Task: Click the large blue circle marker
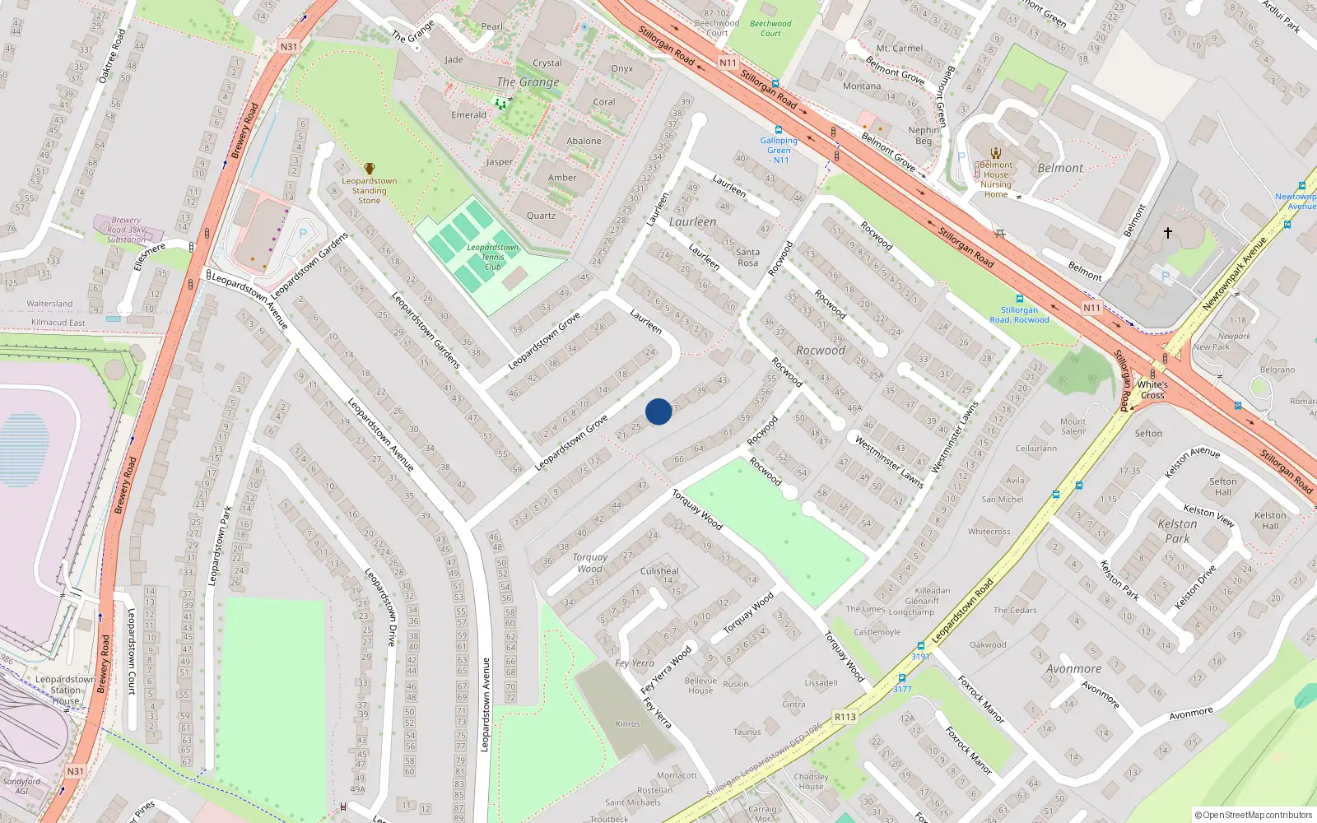click(x=658, y=411)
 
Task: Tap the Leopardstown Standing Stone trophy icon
click(x=370, y=169)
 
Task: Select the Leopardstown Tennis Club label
click(x=492, y=257)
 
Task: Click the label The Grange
click(x=528, y=82)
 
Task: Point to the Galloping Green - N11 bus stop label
click(x=779, y=151)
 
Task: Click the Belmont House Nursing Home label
click(x=996, y=179)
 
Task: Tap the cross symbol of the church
click(x=1167, y=233)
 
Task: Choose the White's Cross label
click(x=1152, y=390)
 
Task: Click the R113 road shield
click(x=845, y=717)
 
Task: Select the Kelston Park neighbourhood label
click(x=1177, y=531)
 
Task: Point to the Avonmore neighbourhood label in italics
click(x=1073, y=669)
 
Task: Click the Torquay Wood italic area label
click(x=590, y=563)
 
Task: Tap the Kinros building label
click(x=627, y=724)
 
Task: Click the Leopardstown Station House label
click(x=66, y=690)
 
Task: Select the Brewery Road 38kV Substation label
click(x=126, y=230)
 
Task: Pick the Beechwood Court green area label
click(x=770, y=28)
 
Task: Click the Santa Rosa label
click(x=747, y=258)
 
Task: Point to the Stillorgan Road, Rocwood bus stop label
click(x=1019, y=315)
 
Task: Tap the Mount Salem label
click(x=1073, y=426)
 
